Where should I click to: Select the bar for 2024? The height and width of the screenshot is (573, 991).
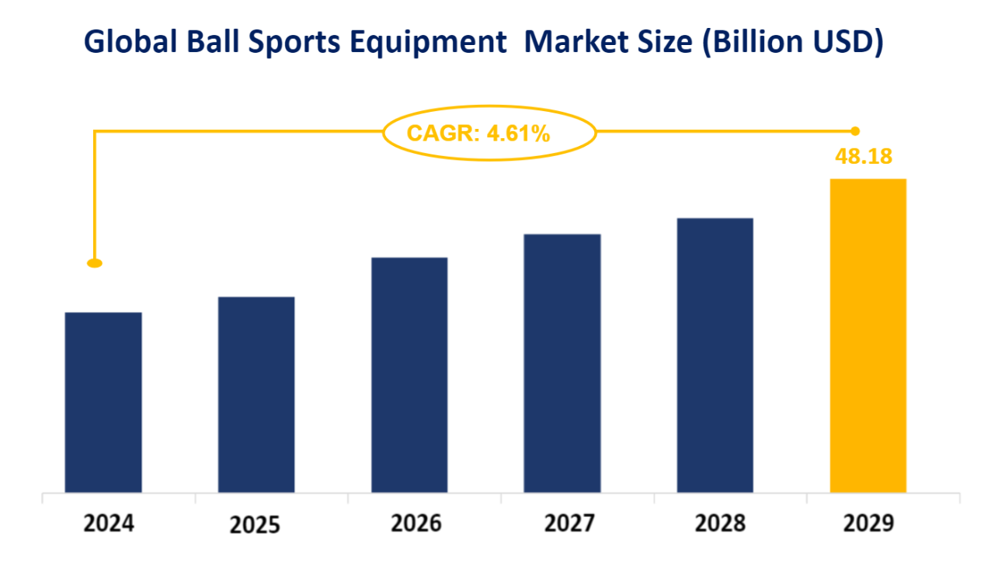pos(103,402)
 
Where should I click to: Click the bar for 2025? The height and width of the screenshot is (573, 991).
pos(256,394)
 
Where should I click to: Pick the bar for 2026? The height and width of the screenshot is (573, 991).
pos(409,375)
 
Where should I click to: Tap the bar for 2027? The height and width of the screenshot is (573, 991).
pos(562,363)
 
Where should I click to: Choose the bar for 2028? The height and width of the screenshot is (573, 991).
pos(715,356)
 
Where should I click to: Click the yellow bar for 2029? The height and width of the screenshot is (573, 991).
pos(868,335)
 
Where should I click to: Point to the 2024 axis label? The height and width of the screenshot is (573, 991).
pos(110,523)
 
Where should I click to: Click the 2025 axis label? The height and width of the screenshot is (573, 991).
pos(256,526)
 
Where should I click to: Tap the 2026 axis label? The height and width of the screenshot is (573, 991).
pos(416,523)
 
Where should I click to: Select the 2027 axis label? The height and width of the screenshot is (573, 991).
pos(569,523)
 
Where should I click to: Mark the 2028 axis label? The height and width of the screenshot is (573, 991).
pos(719,523)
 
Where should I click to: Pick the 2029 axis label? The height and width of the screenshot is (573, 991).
pos(869,523)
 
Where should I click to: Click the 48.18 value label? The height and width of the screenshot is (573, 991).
pos(864,156)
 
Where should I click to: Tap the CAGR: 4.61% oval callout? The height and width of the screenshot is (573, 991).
pos(489,134)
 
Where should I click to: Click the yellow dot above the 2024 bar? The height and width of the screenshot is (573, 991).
pos(95,263)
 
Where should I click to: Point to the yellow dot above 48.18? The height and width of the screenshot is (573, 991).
pos(855,130)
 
